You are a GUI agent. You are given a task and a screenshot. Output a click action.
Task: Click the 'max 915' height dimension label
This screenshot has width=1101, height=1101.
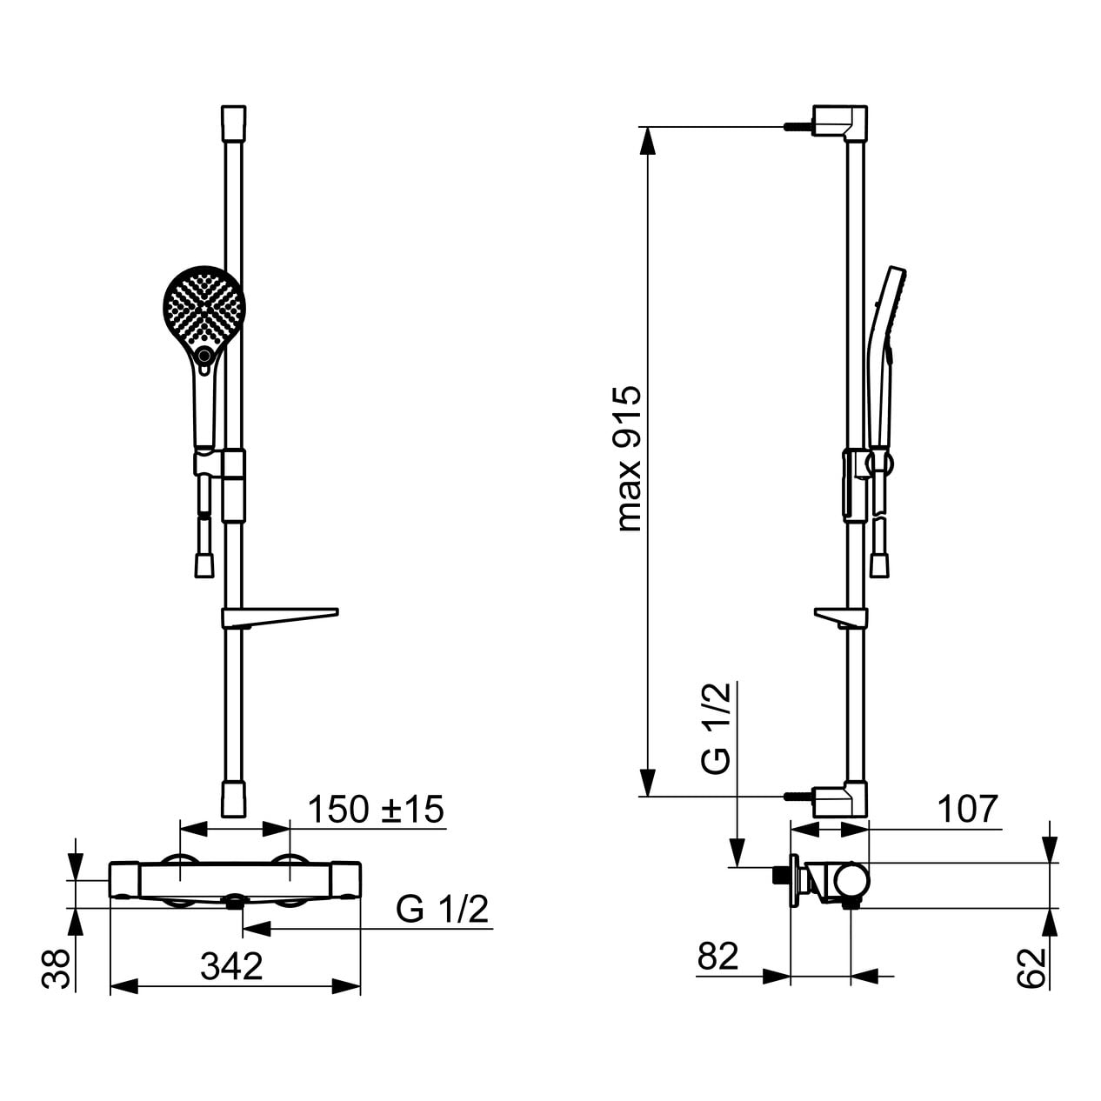click(630, 459)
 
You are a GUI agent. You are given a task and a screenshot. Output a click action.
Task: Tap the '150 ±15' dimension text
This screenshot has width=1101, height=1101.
click(376, 809)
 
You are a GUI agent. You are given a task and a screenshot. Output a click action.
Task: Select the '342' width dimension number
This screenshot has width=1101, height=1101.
click(231, 966)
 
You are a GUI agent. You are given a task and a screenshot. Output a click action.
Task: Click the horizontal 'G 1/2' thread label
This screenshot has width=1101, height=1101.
click(443, 910)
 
